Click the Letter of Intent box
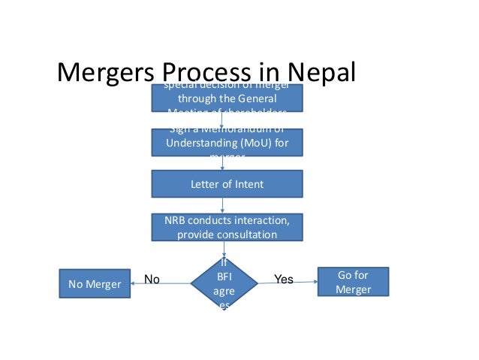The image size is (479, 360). (227, 183)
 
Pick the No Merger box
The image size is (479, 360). (95, 284)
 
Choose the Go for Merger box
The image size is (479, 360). (354, 282)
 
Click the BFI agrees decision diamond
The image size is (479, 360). (224, 284)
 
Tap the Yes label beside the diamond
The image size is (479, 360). (284, 280)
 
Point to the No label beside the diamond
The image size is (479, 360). (152, 280)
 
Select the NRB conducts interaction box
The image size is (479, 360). (227, 227)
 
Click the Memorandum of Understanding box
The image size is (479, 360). (227, 142)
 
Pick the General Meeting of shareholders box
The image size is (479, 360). (227, 98)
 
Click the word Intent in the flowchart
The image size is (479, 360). (249, 183)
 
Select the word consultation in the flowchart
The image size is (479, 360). (243, 234)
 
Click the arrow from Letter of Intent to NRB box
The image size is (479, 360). (224, 204)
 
